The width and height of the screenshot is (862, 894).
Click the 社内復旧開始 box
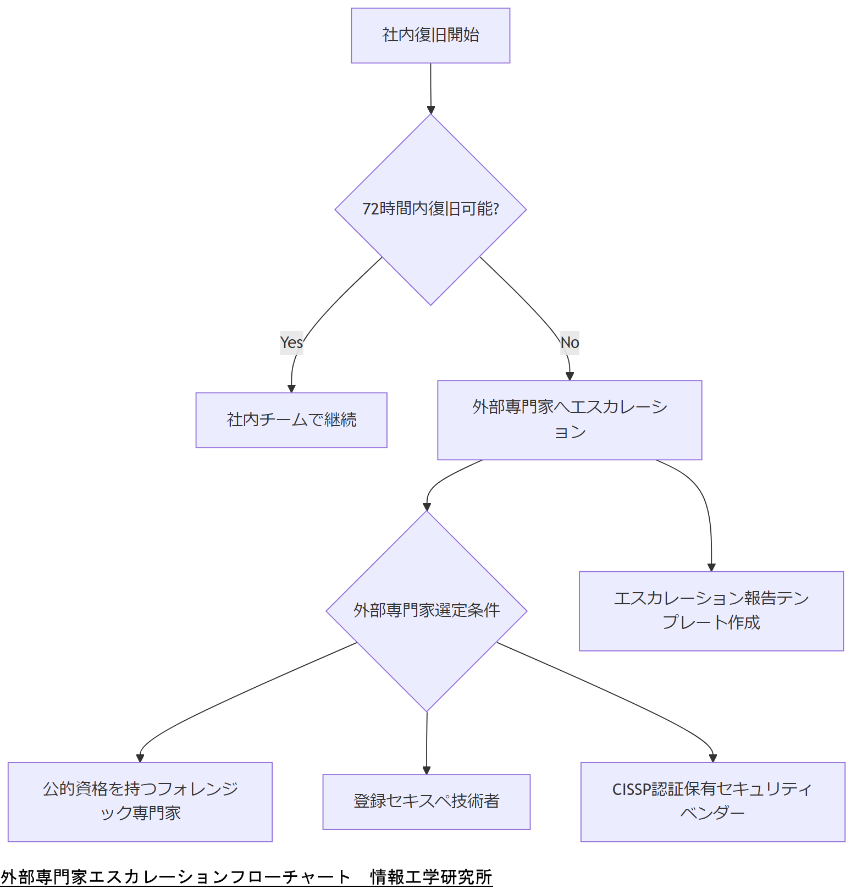(x=430, y=35)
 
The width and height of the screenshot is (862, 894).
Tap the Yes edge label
(x=291, y=343)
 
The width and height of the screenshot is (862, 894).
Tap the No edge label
(x=570, y=343)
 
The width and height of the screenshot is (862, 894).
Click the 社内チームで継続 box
(x=291, y=420)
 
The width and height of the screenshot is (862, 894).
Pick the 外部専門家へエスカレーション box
(x=570, y=420)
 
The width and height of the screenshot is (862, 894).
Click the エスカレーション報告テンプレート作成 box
(x=711, y=611)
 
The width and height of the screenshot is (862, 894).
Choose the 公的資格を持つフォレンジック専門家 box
(x=140, y=802)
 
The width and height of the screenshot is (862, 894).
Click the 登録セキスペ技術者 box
(x=427, y=802)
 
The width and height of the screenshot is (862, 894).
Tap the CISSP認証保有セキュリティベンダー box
(x=712, y=802)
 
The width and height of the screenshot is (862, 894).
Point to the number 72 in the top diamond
(x=370, y=209)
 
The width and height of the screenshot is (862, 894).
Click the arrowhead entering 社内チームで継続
(x=291, y=389)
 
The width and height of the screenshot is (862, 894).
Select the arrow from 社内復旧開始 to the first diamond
(x=430, y=88)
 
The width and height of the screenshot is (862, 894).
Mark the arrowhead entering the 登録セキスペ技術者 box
(x=427, y=770)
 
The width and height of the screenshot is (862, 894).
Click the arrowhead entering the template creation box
(x=711, y=567)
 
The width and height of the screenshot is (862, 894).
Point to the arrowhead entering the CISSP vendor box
(x=713, y=758)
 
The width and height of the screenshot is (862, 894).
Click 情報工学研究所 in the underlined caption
(x=431, y=877)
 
